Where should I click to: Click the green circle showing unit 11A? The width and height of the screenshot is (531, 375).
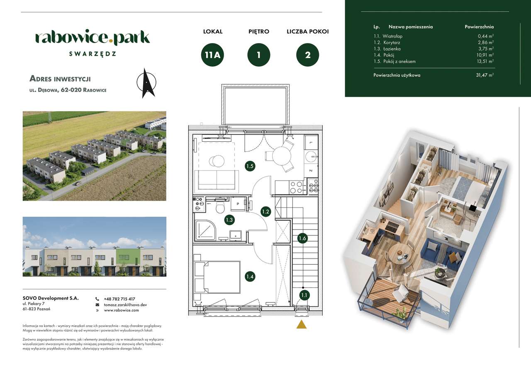212,55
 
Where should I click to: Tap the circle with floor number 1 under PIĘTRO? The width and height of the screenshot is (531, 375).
259,55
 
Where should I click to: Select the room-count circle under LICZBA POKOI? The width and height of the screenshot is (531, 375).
308,55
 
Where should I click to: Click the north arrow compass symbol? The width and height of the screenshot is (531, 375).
146,83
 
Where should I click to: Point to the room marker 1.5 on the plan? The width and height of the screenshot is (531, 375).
250,166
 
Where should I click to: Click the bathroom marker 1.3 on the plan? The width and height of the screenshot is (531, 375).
229,220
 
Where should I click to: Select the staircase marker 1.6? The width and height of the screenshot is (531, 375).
303,238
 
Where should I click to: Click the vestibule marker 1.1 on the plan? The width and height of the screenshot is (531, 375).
304,295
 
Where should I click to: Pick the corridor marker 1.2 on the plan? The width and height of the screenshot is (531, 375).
266,212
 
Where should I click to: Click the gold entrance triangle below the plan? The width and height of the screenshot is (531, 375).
301,324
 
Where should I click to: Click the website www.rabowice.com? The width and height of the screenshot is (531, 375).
121,310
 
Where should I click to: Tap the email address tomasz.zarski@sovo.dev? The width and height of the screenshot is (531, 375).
125,305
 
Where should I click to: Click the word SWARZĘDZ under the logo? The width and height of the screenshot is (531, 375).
93,53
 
